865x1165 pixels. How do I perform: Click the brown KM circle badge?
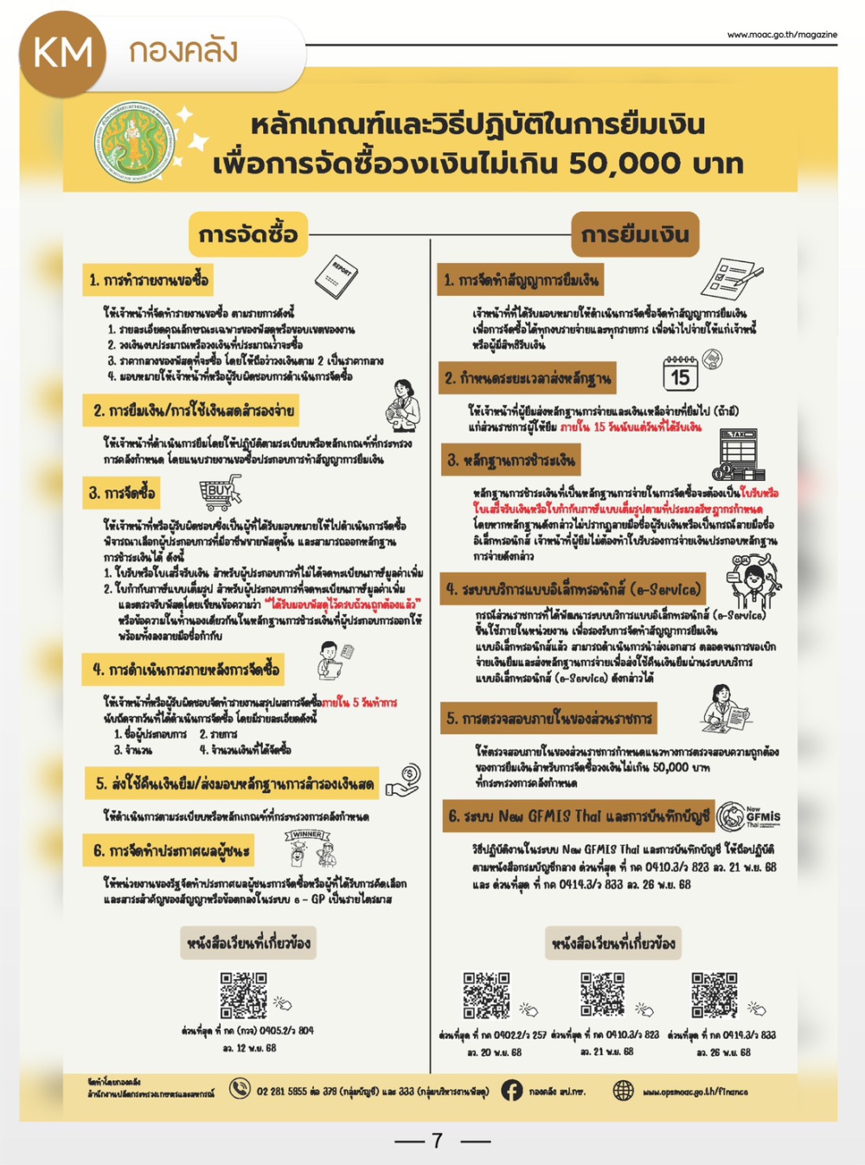[x=62, y=54]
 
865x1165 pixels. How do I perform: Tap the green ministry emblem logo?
[x=134, y=142]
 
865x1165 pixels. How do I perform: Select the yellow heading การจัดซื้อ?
[x=248, y=234]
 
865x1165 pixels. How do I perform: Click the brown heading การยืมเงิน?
[x=635, y=234]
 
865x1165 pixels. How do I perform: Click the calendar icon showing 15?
[x=681, y=374]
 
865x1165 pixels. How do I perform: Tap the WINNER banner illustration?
[x=309, y=848]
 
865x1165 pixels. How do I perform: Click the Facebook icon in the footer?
[x=512, y=1091]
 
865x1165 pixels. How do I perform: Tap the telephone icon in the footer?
[x=240, y=1090]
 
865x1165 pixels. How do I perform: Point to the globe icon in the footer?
[x=623, y=1091]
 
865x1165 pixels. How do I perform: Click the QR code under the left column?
[x=243, y=995]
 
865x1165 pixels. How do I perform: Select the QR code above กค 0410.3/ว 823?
[x=602, y=995]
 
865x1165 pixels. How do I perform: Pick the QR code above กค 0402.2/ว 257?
[x=486, y=995]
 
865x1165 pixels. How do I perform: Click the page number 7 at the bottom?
[x=438, y=1141]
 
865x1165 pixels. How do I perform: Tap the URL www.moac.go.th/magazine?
[x=782, y=35]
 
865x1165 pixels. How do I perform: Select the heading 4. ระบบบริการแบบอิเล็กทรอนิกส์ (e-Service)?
[x=573, y=590]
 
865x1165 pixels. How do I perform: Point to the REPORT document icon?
[x=336, y=277]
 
